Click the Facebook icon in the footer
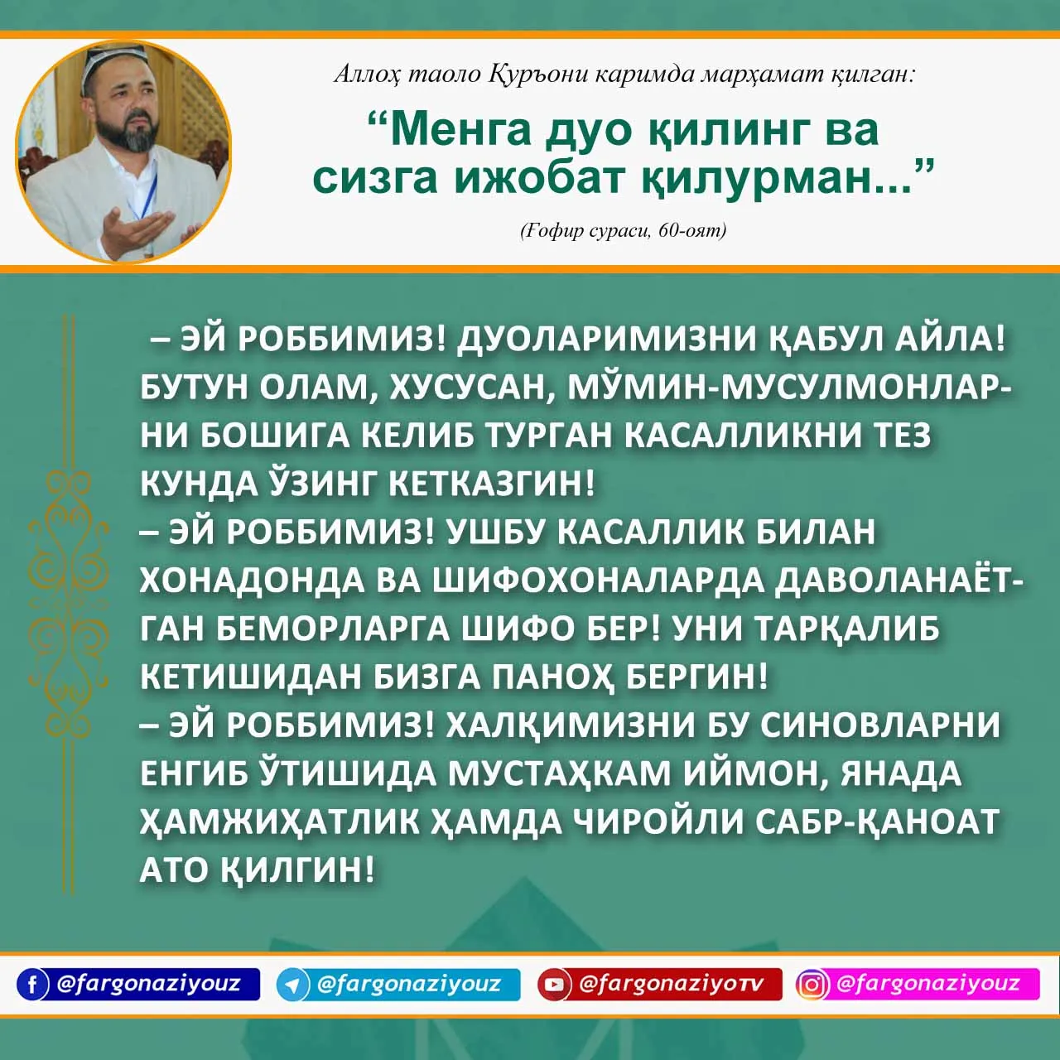pyautogui.click(x=32, y=984)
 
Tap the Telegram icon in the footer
pyautogui.click(x=292, y=984)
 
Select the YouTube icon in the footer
pyautogui.click(x=554, y=984)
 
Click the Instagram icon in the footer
pyautogui.click(x=812, y=984)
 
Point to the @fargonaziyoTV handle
pyautogui.click(x=672, y=983)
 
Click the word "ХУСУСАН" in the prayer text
pyautogui.click(x=470, y=390)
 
